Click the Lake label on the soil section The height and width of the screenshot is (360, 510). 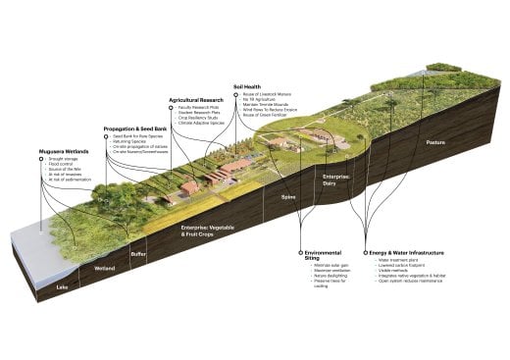[63, 287]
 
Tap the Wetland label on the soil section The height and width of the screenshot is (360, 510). [104, 267]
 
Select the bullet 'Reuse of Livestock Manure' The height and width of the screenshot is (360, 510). [265, 95]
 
